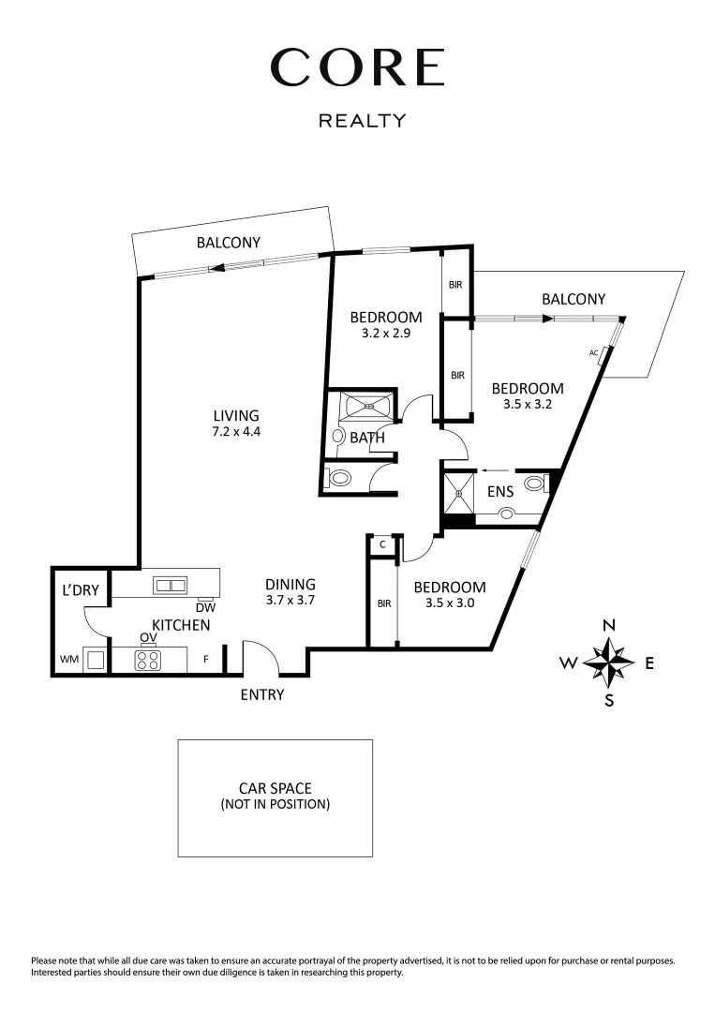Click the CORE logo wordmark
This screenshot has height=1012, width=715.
point(357,67)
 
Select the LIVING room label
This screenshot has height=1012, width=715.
point(235,416)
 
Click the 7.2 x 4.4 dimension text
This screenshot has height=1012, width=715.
point(235,432)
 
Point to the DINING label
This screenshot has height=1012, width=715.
point(290,583)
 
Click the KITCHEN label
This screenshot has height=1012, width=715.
point(181,625)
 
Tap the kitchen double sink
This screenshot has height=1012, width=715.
point(171,586)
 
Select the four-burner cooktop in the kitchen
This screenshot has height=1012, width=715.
point(147,660)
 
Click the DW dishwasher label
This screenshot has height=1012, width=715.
point(207,606)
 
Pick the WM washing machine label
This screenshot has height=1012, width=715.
point(68,660)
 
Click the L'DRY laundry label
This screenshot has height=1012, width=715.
point(80,591)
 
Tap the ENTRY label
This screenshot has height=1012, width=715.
point(261,695)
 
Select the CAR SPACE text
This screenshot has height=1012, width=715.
point(275,789)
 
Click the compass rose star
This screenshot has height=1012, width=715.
point(609,662)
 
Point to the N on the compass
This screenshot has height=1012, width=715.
point(609,626)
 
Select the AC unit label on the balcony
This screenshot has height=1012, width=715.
point(594,353)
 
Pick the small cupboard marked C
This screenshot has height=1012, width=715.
point(383,543)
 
